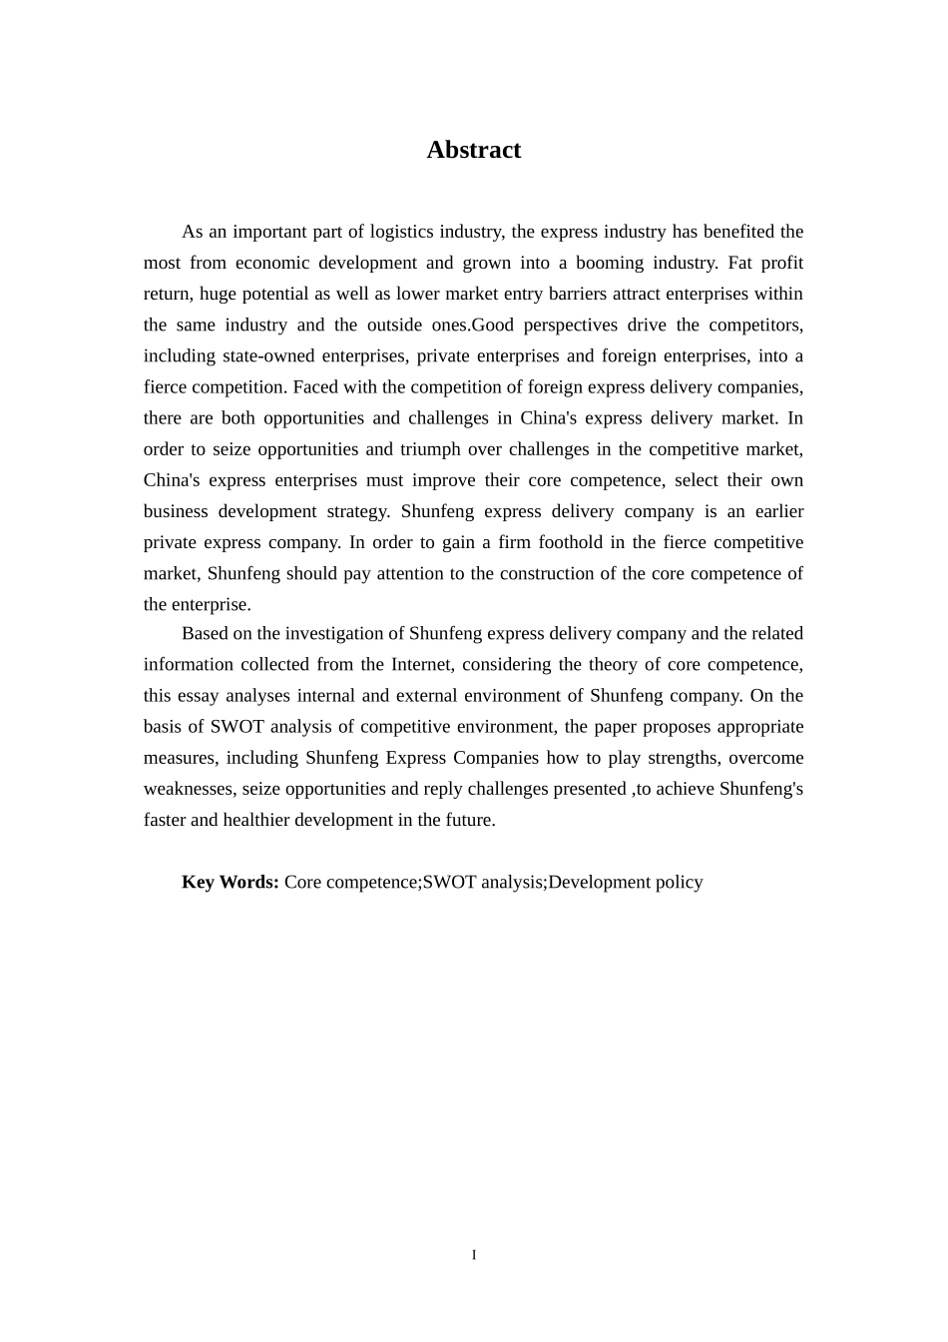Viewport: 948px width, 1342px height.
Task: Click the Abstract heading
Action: click(473, 150)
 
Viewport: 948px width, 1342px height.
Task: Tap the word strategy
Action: click(357, 511)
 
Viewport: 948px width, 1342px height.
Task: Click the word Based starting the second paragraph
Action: click(204, 633)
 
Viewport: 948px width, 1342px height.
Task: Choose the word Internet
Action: click(421, 664)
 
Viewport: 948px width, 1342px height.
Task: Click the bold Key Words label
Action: click(230, 882)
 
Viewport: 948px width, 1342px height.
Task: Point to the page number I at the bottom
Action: click(474, 1255)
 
